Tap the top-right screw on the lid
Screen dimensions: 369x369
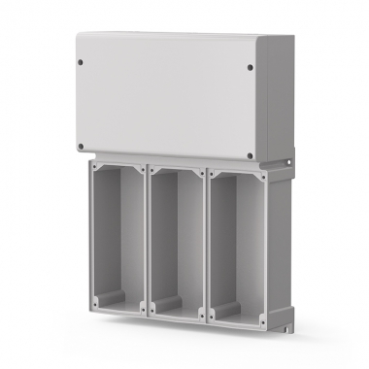pos(252,68)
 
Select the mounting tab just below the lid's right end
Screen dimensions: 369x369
pos(288,155)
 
